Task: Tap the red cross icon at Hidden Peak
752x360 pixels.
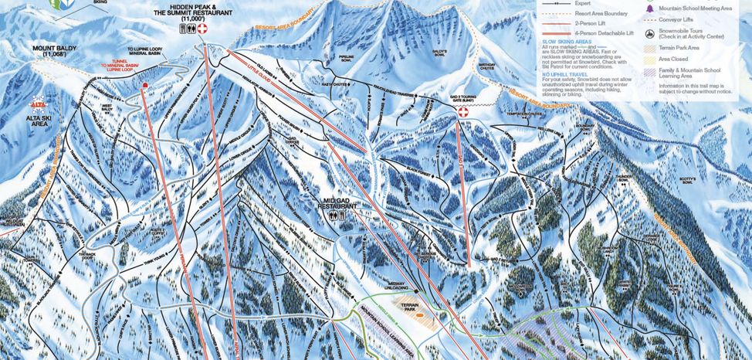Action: pos(203,30)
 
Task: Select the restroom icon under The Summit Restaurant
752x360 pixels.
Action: pos(185,30)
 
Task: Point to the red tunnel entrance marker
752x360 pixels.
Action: pos(144,86)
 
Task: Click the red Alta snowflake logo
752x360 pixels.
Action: pos(36,102)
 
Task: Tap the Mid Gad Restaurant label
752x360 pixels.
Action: pos(337,204)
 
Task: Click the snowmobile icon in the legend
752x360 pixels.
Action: pos(651,34)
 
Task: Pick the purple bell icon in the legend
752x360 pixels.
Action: pos(651,8)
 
